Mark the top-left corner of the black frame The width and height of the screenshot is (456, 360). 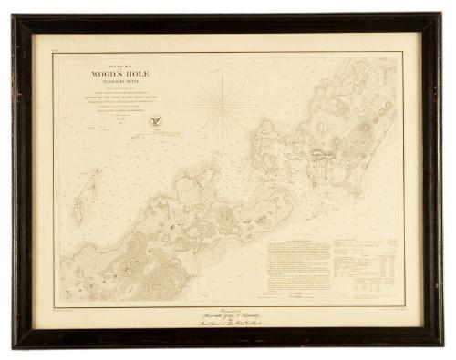(13, 15)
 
